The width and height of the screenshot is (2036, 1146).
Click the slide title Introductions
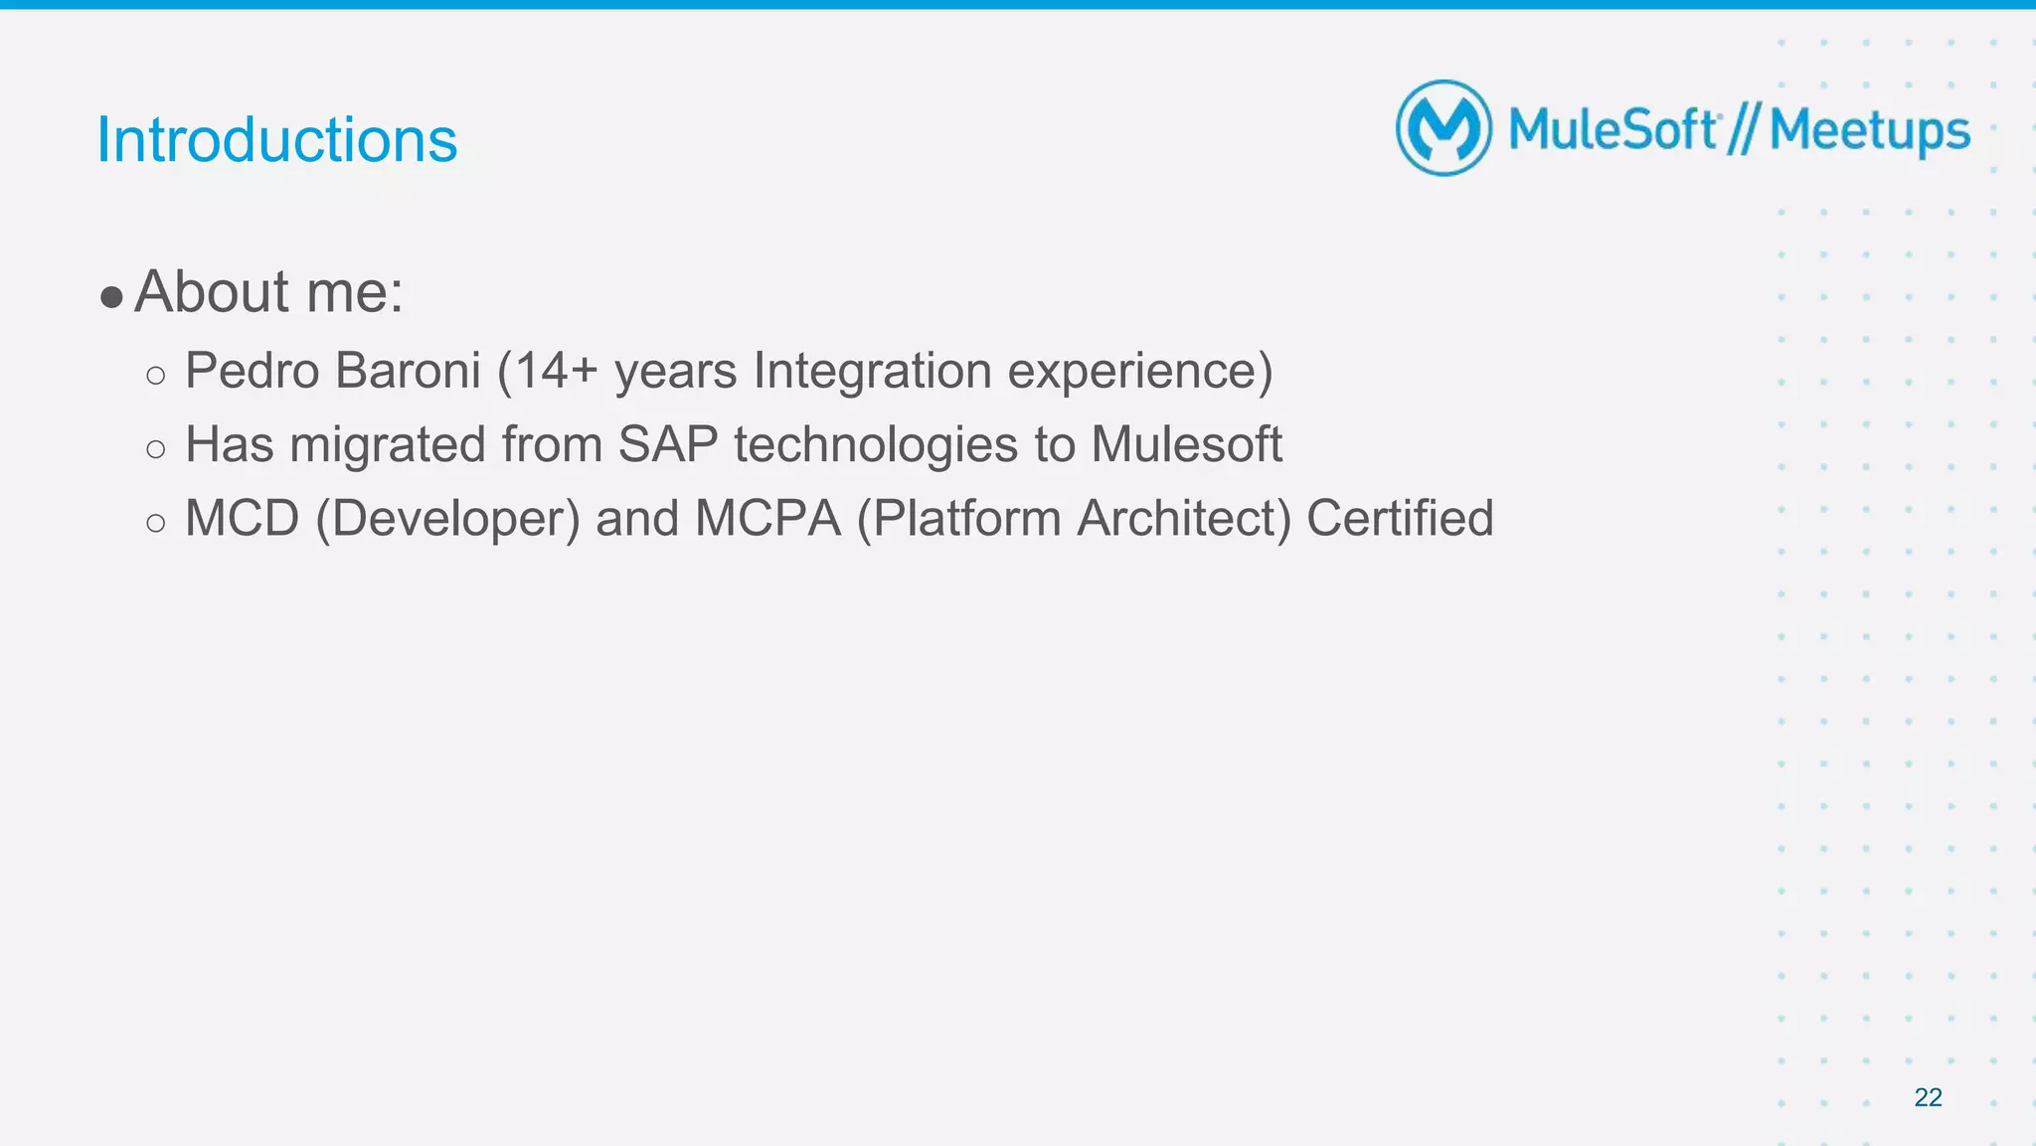pos(276,140)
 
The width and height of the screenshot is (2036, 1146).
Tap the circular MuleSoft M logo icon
pos(1443,128)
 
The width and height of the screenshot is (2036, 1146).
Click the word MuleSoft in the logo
pos(1612,130)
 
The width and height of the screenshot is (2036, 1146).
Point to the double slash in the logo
pos(1743,130)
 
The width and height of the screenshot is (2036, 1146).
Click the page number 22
pos(1928,1097)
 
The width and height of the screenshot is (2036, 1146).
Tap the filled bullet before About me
pos(111,296)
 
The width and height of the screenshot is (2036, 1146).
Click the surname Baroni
pos(408,371)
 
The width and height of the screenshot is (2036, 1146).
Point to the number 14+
pos(555,371)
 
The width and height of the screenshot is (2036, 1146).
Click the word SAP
pos(667,444)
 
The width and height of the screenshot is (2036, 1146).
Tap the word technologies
pos(876,444)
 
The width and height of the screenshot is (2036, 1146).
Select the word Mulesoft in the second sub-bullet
pos(1186,444)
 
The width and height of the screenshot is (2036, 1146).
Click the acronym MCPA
pos(767,518)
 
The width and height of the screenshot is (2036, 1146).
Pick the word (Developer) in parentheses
pos(447,518)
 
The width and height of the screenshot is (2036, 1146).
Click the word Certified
pos(1400,518)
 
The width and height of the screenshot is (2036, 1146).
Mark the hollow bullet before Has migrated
pos(155,449)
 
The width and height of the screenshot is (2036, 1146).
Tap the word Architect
pos(1184,518)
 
